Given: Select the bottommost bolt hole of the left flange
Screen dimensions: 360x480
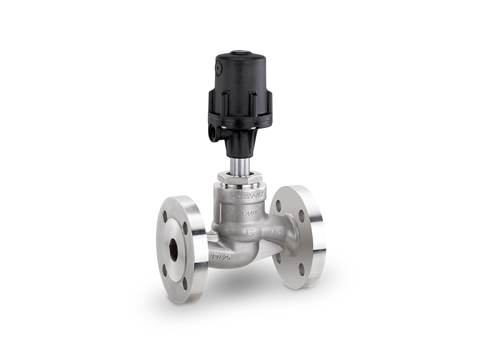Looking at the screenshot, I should point(184,282).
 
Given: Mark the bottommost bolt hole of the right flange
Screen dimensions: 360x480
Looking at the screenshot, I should point(301,268).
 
